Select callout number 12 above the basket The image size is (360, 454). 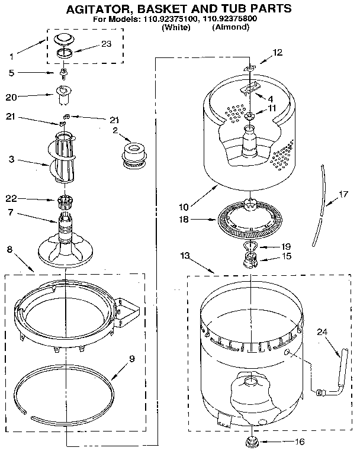(x=278, y=53)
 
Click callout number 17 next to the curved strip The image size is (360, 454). (x=343, y=194)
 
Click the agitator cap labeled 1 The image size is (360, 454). (x=62, y=40)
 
